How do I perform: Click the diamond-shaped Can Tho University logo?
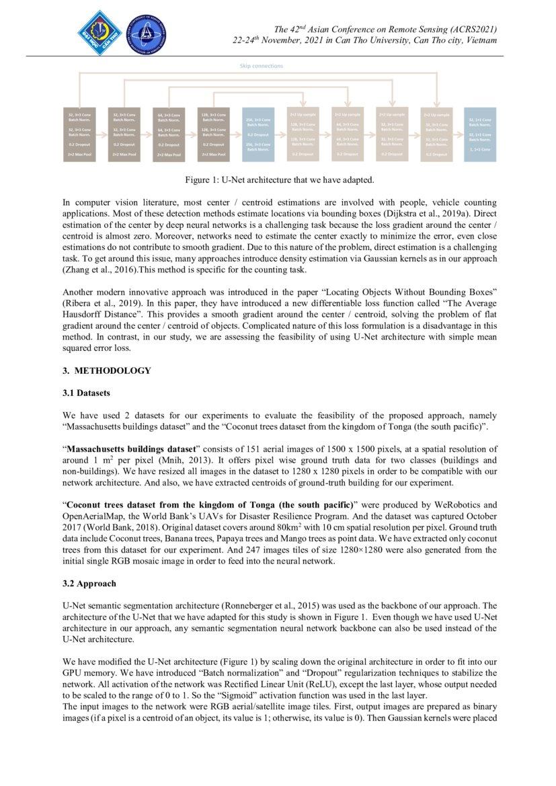100,33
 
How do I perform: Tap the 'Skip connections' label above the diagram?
262,66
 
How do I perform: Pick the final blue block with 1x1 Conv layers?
480,134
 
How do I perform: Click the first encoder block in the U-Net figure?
78,134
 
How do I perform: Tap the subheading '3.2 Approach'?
89,584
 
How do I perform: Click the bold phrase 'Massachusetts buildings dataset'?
130,448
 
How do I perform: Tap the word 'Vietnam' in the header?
479,40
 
